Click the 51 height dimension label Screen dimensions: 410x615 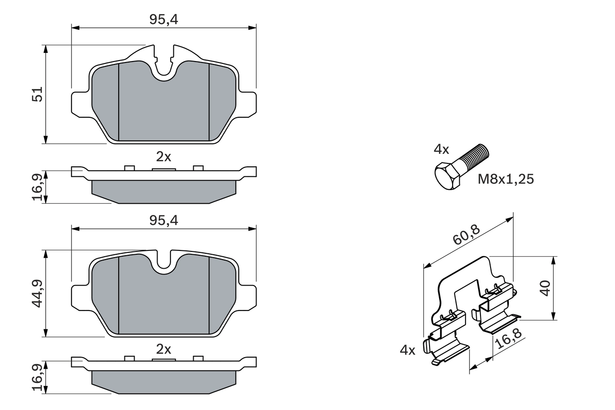coord(38,94)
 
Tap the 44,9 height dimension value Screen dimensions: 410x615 coord(38,293)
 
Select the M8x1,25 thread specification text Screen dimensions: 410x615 coord(505,179)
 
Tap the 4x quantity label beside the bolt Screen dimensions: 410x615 coord(441,149)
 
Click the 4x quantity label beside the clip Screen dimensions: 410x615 coord(407,350)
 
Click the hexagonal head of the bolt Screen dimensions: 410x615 coord(448,176)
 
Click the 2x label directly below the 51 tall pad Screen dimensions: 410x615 coord(164,157)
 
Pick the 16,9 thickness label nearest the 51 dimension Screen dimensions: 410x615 coord(38,187)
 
